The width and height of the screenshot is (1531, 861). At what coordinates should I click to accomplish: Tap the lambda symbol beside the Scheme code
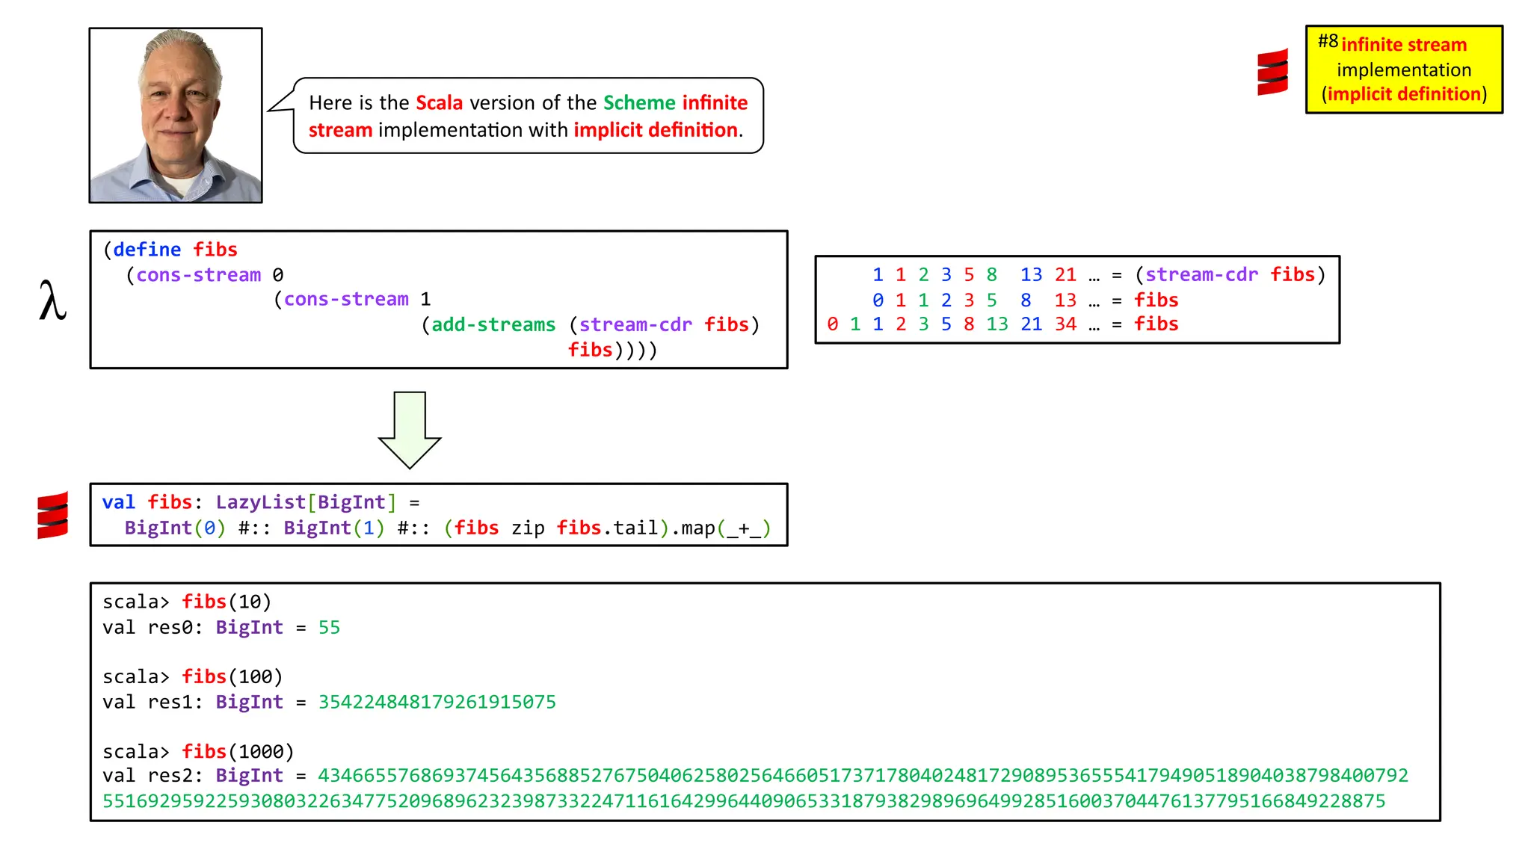(x=52, y=300)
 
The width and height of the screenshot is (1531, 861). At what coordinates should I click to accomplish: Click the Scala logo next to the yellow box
(x=1272, y=72)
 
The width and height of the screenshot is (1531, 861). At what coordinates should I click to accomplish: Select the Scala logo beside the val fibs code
(x=52, y=515)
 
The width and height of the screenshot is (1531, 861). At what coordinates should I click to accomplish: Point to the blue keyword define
(x=147, y=250)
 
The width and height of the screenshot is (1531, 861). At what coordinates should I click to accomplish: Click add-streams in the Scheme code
(x=493, y=325)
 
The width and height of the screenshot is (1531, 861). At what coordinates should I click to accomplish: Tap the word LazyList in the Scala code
(x=261, y=502)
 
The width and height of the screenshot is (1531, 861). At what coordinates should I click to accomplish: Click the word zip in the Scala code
(x=528, y=528)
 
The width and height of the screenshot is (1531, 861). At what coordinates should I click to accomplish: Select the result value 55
(x=329, y=628)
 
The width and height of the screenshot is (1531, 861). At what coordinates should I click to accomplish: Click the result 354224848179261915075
(x=437, y=703)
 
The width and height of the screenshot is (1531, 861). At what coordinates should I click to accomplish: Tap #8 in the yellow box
(x=1328, y=42)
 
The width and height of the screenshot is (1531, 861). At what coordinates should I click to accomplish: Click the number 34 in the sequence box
(x=1065, y=324)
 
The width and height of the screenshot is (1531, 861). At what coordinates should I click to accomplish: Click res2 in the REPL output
(x=170, y=776)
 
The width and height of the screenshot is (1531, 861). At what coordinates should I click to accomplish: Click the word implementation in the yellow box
(x=1403, y=70)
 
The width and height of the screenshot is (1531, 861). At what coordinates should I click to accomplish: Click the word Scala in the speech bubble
(x=439, y=102)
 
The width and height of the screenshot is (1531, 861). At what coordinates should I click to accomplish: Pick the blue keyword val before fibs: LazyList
(x=118, y=502)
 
